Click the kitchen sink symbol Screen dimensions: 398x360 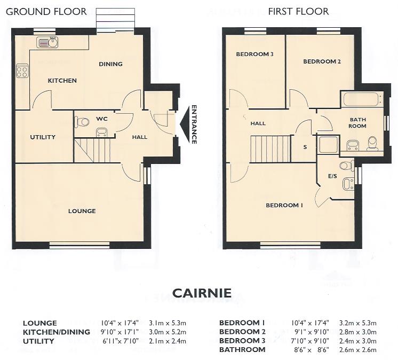[x=47, y=42]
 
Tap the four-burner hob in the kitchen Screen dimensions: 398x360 [x=22, y=71]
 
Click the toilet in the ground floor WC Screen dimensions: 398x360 [x=82, y=122]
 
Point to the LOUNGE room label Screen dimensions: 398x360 [x=82, y=211]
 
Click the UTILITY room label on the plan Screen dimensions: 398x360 [x=43, y=137]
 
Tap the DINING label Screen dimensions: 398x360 [x=110, y=64]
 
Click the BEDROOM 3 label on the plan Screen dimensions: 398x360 [x=254, y=54]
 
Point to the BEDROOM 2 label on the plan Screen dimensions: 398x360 [x=322, y=61]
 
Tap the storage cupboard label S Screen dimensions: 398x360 [x=305, y=147]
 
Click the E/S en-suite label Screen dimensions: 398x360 [x=332, y=176]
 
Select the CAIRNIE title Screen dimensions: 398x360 [x=202, y=293]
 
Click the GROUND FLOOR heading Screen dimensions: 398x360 [x=46, y=12]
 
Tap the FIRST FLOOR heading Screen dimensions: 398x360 [x=298, y=11]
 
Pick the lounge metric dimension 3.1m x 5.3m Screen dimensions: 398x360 [x=168, y=323]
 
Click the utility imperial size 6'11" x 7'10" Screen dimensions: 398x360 [x=121, y=341]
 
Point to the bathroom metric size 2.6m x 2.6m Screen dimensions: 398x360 [x=358, y=350]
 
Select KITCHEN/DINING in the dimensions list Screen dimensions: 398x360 [x=57, y=332]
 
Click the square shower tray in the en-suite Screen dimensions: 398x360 [x=329, y=145]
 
